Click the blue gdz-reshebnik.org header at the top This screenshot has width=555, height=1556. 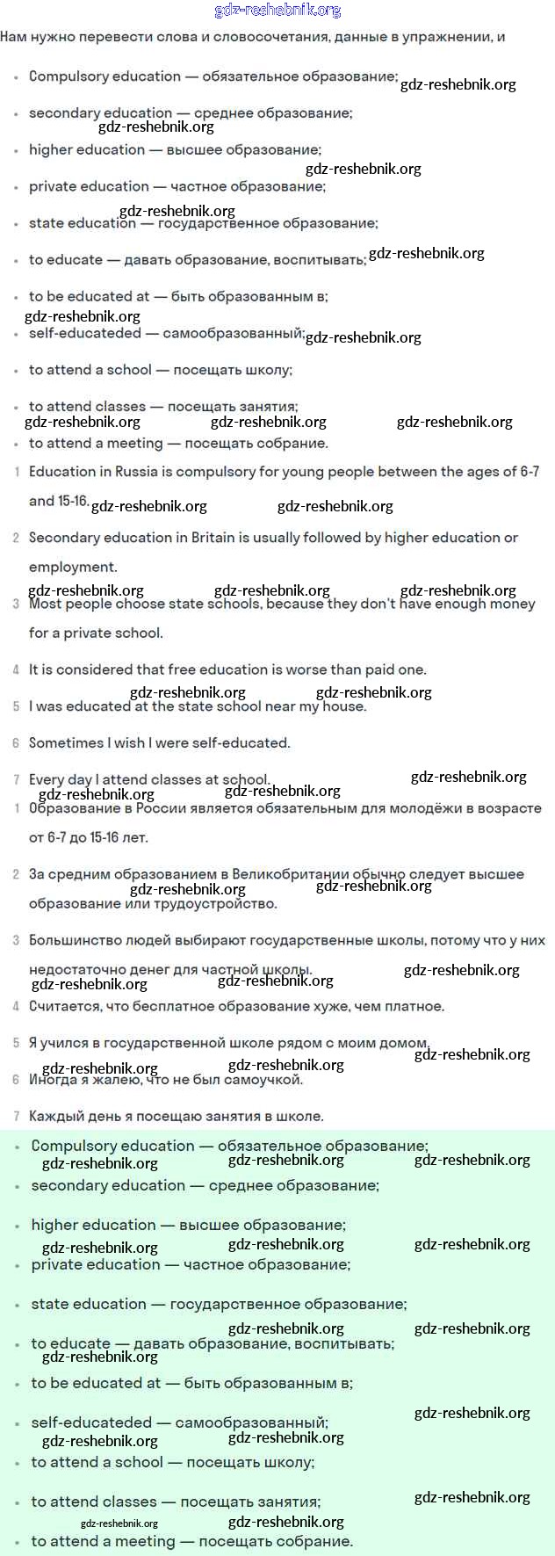pyautogui.click(x=277, y=11)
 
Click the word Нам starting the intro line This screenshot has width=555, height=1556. pyautogui.click(x=14, y=37)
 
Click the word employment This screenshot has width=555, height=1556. pyautogui.click(x=72, y=567)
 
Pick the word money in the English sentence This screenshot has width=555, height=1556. pyautogui.click(x=512, y=604)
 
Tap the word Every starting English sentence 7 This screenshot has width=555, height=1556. pyautogui.click(x=46, y=779)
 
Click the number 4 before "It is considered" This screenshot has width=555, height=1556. pyautogui.click(x=16, y=669)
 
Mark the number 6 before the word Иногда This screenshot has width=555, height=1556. pyautogui.click(x=16, y=1080)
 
